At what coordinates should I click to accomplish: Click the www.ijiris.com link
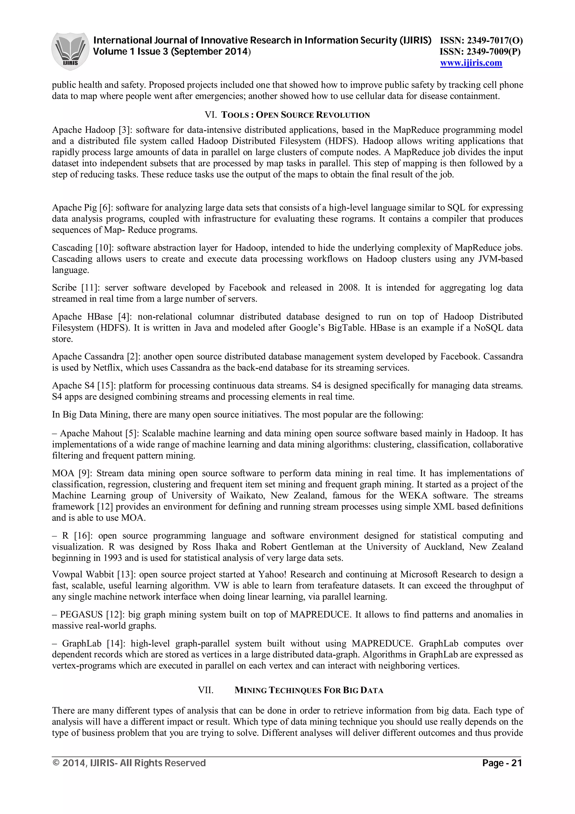click(471, 63)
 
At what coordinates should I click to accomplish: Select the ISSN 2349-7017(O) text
click(481, 40)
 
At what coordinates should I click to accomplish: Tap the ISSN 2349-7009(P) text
click(480, 52)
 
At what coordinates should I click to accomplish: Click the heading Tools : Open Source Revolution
click(295, 115)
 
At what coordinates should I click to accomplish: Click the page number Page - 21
click(502, 763)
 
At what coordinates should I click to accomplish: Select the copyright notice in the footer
click(129, 763)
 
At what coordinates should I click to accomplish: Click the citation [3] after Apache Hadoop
click(124, 130)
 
